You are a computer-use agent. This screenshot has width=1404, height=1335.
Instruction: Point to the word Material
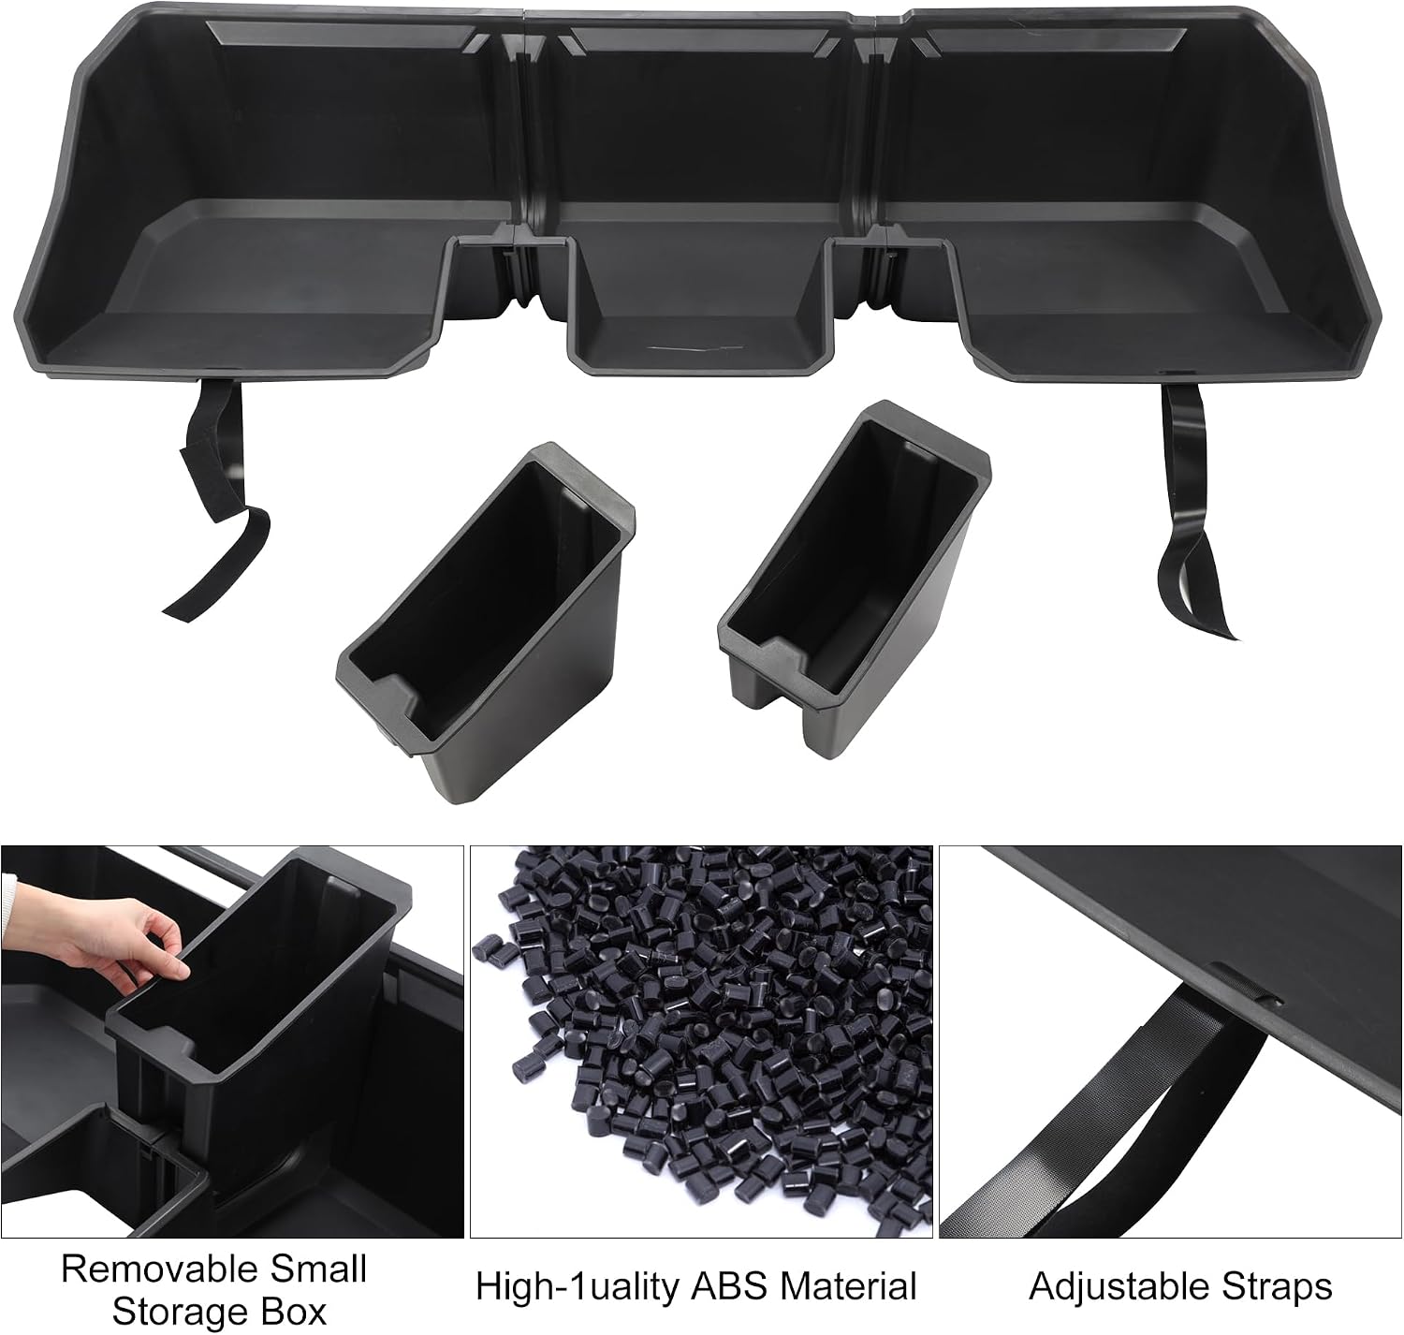pos(848,1285)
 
